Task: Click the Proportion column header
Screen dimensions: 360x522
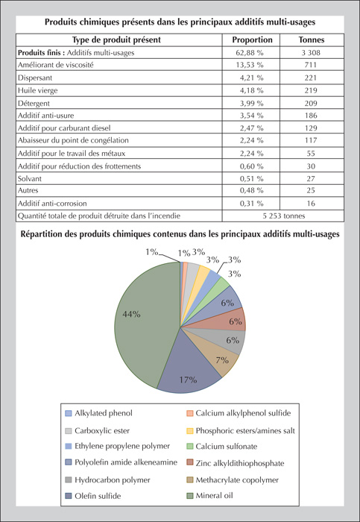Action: tap(252, 40)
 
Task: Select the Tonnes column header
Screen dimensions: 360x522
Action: tap(311, 40)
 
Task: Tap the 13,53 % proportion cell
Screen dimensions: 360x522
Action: tap(251, 65)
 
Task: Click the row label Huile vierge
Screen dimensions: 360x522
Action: tap(37, 90)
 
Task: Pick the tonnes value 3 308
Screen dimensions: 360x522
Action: tap(311, 53)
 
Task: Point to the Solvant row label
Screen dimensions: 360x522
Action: tap(30, 179)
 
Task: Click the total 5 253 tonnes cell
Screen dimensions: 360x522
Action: tap(283, 216)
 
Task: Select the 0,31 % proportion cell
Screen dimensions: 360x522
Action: tap(251, 204)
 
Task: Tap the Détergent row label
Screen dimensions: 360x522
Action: tap(34, 104)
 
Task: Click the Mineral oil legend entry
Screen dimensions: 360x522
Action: tap(209, 496)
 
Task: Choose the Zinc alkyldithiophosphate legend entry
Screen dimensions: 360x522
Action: tap(236, 463)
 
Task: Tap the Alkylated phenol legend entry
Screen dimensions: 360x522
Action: tap(99, 413)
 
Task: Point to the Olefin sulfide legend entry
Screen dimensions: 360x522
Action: tap(93, 496)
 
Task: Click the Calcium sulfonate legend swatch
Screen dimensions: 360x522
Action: tap(189, 447)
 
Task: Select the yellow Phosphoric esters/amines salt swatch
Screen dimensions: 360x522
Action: tap(189, 431)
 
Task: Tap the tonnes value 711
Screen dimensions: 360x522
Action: tap(311, 65)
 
